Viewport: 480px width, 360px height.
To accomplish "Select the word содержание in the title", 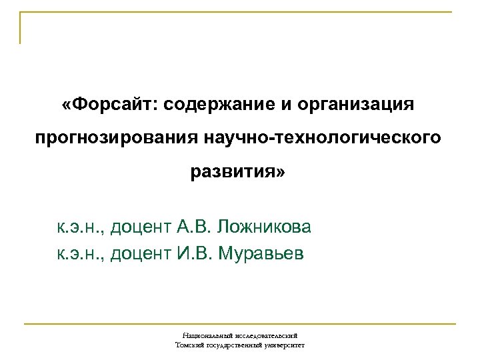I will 217,105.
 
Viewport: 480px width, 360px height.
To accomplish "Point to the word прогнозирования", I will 115,139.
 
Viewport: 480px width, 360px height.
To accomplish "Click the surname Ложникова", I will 263,229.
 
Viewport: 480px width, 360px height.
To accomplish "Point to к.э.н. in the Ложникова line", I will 79,229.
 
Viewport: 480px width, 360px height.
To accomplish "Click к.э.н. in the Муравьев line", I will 79,253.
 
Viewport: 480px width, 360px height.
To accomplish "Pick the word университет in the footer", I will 285,346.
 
